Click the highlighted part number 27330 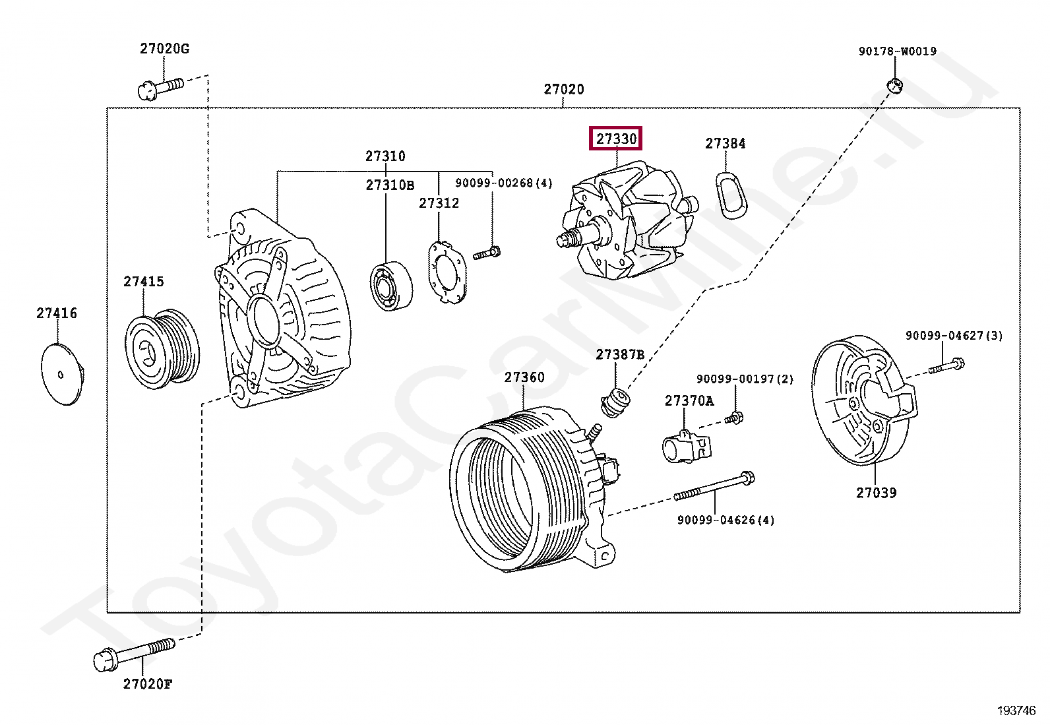tap(617, 139)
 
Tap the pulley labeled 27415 tap(162, 346)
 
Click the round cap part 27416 tap(61, 374)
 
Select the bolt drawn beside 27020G tap(160, 86)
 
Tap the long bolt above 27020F tap(135, 652)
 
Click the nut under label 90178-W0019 tap(895, 84)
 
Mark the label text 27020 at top tap(564, 89)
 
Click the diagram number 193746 tap(1016, 710)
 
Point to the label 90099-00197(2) tap(745, 379)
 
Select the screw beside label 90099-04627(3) tap(947, 365)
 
